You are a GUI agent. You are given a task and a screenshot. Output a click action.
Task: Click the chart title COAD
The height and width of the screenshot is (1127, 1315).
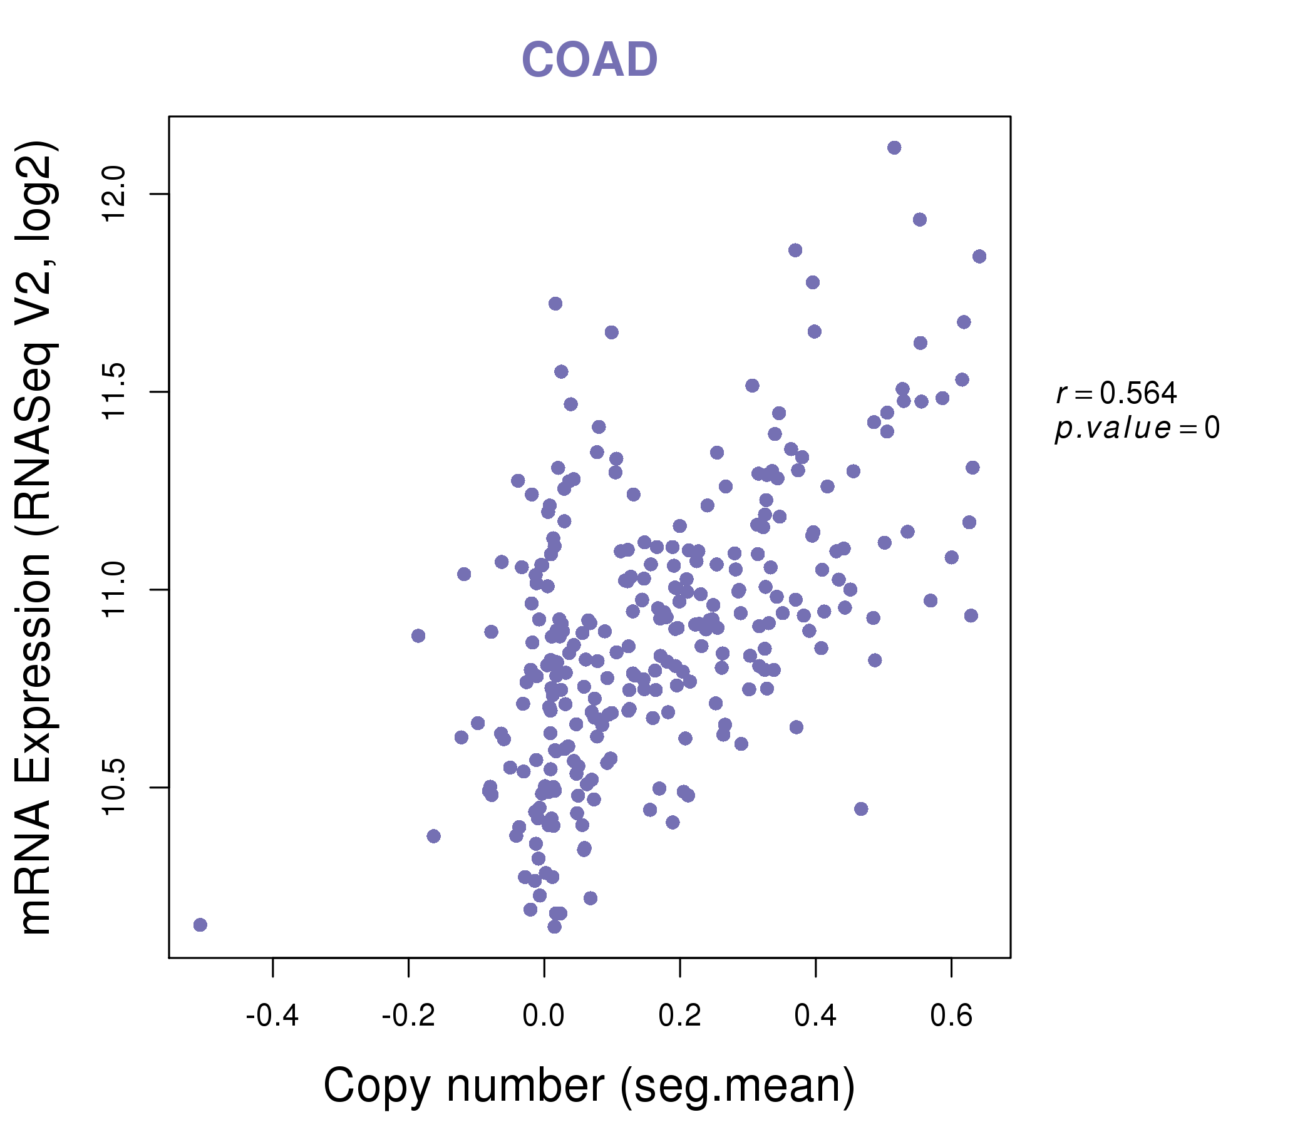click(589, 60)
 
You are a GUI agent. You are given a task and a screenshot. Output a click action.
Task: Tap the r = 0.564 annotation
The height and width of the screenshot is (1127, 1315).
click(1116, 393)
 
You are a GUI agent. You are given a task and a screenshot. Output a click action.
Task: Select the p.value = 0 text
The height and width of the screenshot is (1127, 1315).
click(1137, 428)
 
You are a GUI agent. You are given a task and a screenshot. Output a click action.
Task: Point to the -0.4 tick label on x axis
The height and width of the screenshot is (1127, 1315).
click(272, 1016)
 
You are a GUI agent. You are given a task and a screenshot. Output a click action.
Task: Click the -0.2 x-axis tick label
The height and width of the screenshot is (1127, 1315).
click(408, 1016)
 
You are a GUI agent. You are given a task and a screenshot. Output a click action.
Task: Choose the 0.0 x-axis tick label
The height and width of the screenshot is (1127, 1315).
click(544, 1016)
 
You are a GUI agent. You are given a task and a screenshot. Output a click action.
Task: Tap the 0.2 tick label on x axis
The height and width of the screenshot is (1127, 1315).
click(679, 1016)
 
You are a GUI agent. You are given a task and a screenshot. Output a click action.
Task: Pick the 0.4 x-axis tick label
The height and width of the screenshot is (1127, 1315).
click(815, 1016)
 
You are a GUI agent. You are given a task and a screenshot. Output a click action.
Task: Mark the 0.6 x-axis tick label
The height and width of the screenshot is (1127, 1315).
click(951, 1016)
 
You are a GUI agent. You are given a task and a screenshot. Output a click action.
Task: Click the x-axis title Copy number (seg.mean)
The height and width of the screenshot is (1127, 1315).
click(589, 1086)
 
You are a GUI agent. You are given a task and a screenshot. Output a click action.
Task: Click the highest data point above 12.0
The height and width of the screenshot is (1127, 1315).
click(894, 148)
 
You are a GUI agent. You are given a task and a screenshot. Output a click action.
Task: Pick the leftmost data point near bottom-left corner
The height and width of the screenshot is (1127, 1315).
click(200, 925)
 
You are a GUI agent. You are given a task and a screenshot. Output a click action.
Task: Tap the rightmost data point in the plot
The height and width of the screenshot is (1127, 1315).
click(979, 256)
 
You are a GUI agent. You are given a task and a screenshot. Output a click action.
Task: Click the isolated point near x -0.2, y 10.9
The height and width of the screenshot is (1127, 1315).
click(418, 636)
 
